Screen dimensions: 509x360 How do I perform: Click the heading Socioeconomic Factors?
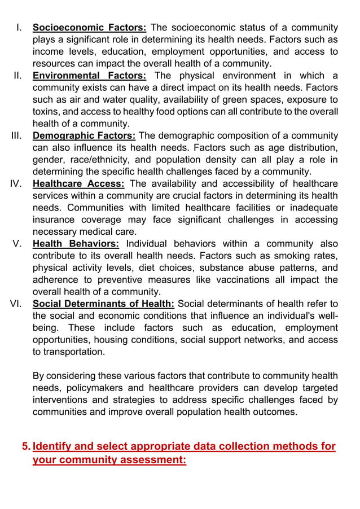click(x=90, y=27)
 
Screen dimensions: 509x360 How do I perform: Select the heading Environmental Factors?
click(x=90, y=76)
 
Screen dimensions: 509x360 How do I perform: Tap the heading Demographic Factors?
click(x=84, y=135)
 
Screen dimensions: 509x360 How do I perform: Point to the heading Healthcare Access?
click(x=80, y=183)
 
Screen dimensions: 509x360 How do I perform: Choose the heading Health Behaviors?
click(x=76, y=244)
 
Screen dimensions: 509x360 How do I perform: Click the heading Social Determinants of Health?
click(x=103, y=304)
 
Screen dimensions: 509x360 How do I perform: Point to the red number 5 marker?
click(x=25, y=447)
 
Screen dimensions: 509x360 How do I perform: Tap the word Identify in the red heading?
click(x=54, y=447)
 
